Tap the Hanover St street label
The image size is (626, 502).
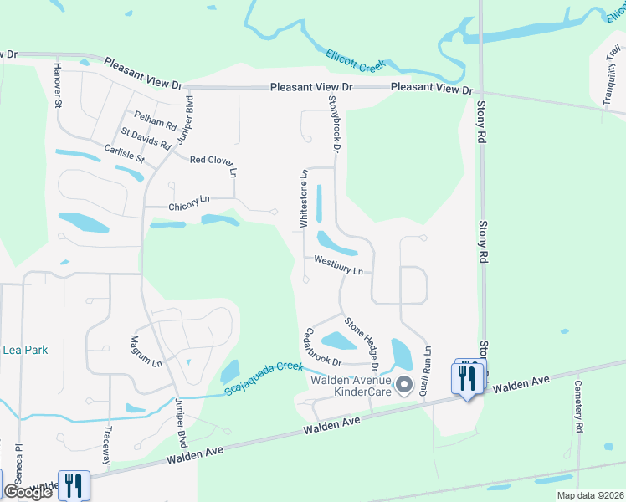59,85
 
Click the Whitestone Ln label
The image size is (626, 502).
305,198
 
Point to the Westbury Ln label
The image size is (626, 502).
338,265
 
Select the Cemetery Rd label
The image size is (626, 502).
578,406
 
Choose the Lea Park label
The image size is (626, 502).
25,350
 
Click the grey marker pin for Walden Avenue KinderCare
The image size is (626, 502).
405,385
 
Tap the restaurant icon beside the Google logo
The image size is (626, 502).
73,486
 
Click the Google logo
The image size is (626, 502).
27,492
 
